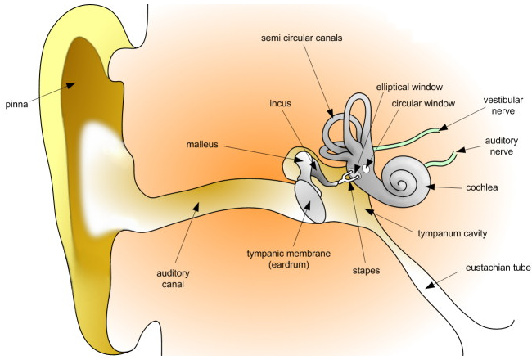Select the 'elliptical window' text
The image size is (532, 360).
(409, 85)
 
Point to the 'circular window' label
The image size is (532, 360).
(423, 104)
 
